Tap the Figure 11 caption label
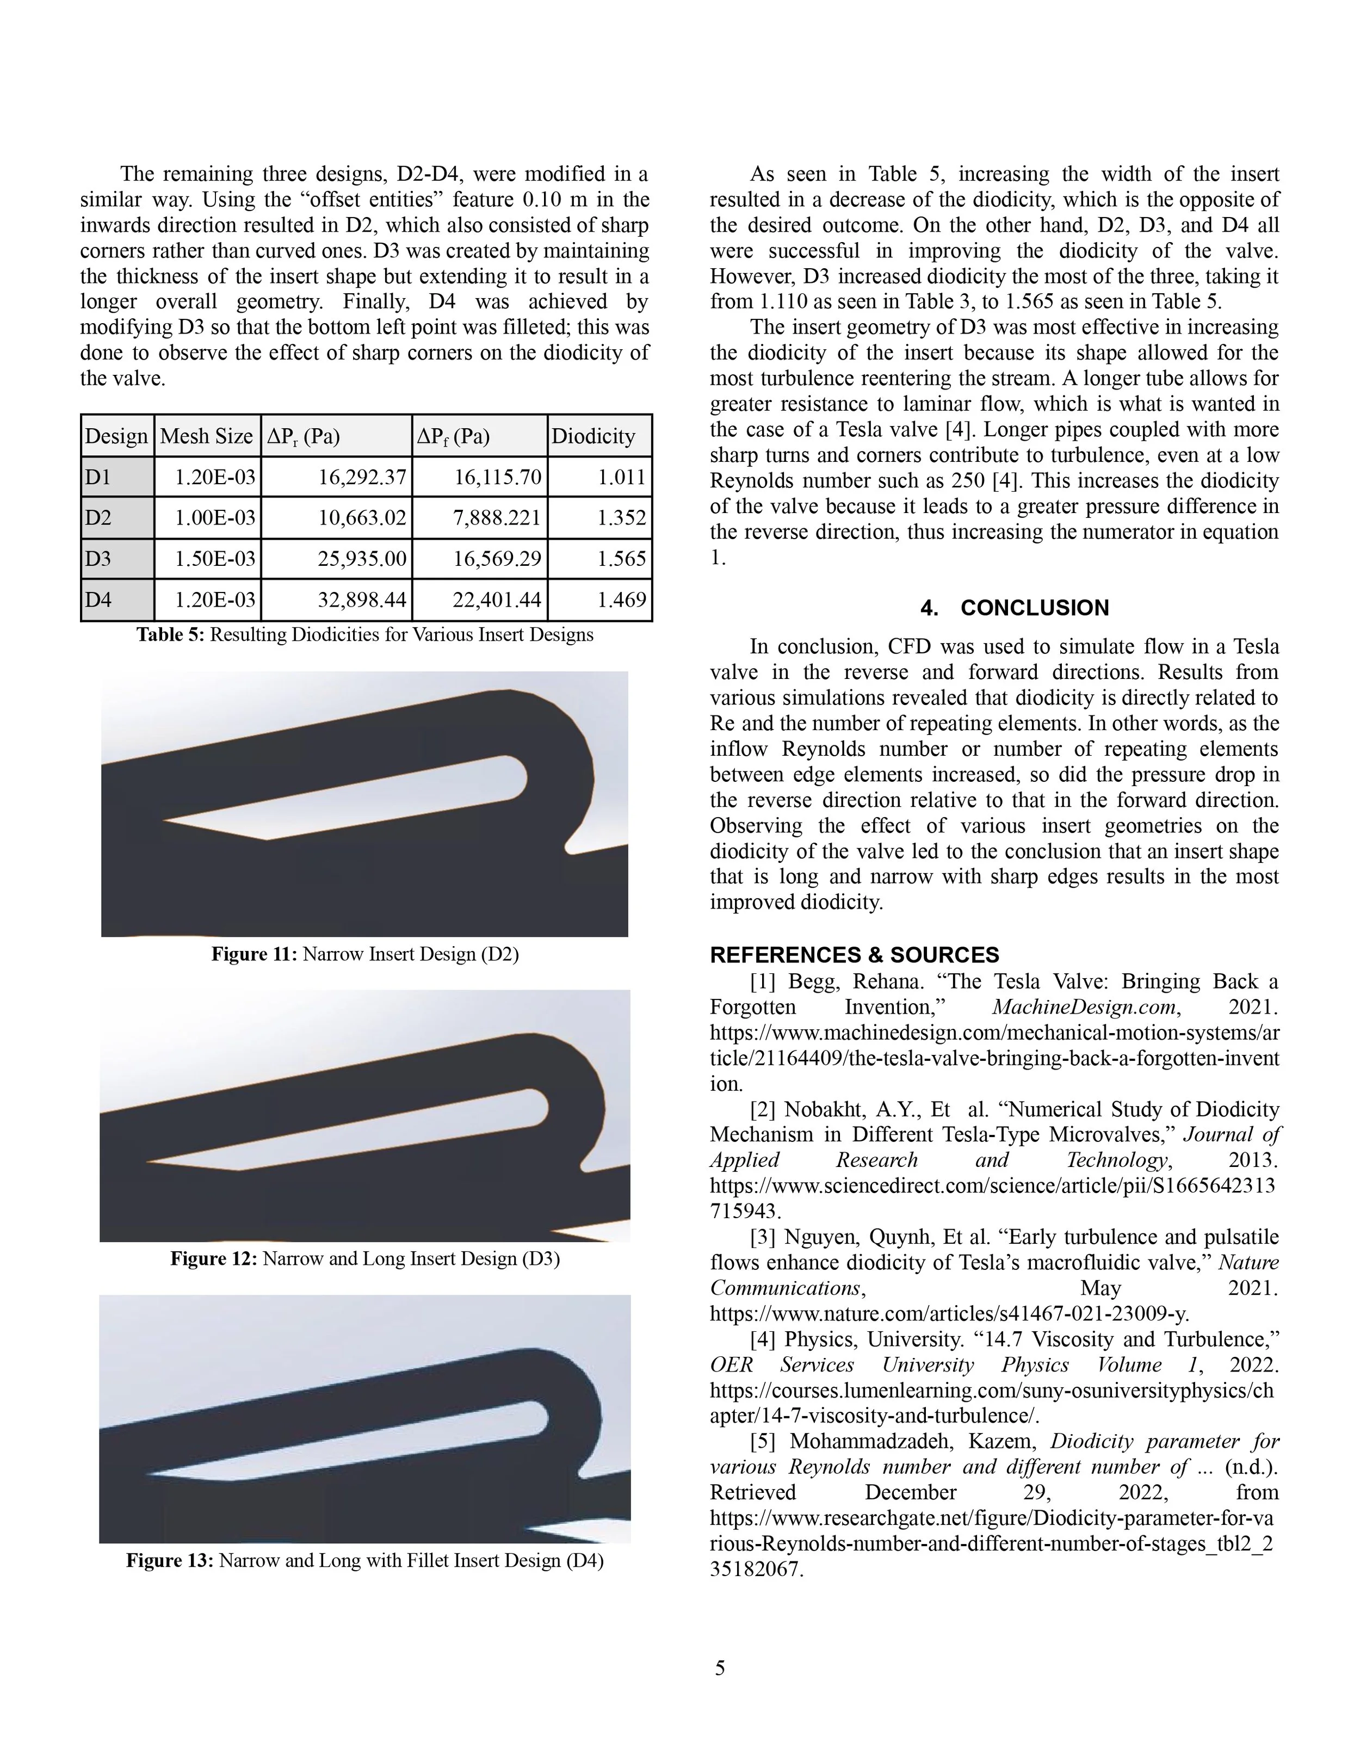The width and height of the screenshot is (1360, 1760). (x=254, y=955)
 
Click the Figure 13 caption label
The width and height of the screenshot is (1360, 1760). (x=169, y=1561)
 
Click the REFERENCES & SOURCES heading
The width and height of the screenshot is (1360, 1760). (x=854, y=956)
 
